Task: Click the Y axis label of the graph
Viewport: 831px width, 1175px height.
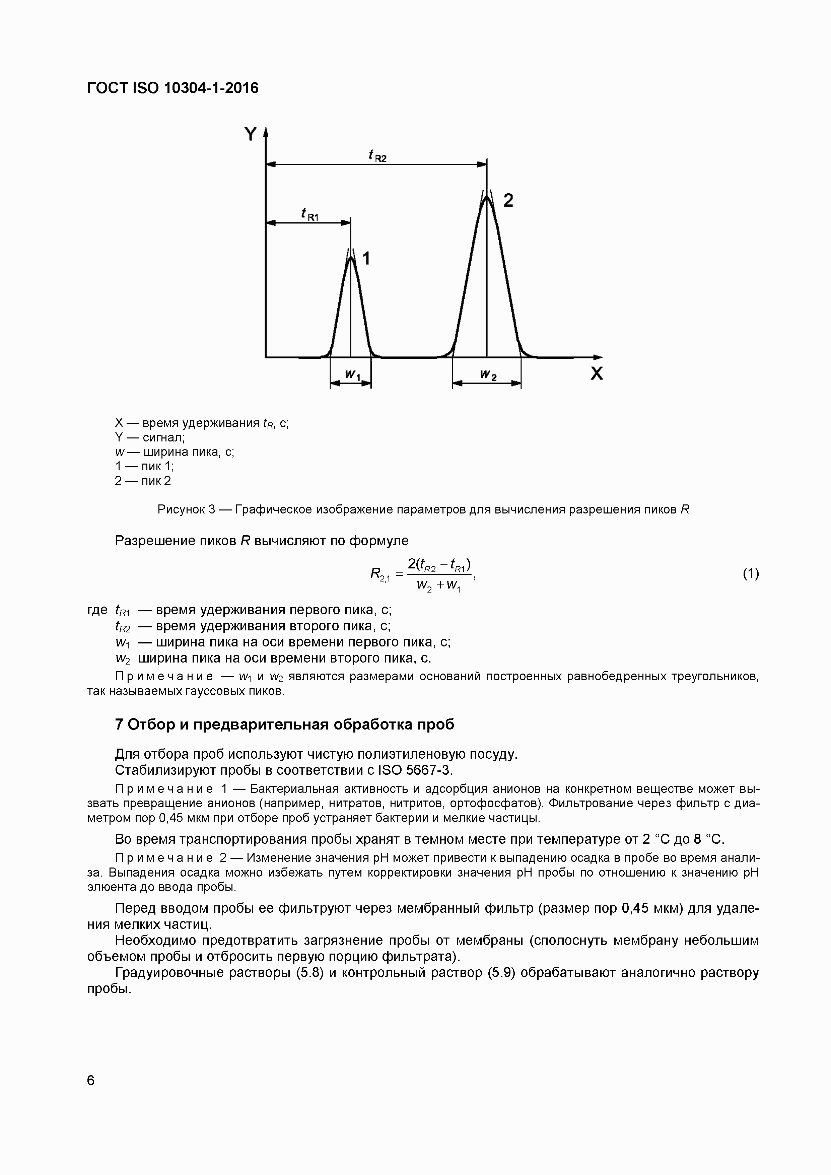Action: tap(250, 134)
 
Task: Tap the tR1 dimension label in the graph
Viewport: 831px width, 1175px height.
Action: tap(309, 214)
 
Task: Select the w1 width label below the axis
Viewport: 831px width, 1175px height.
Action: tap(352, 375)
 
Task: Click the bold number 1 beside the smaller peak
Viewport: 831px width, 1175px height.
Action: tap(366, 259)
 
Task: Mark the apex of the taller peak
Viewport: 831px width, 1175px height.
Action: tap(487, 197)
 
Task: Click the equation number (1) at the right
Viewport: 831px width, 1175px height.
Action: tap(751, 574)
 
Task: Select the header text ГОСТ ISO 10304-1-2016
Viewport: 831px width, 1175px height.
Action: tap(173, 88)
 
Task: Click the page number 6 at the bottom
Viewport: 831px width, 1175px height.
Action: tap(91, 1080)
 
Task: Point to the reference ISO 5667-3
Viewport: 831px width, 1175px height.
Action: tap(415, 770)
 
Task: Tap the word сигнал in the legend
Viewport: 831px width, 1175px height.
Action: tap(163, 437)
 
